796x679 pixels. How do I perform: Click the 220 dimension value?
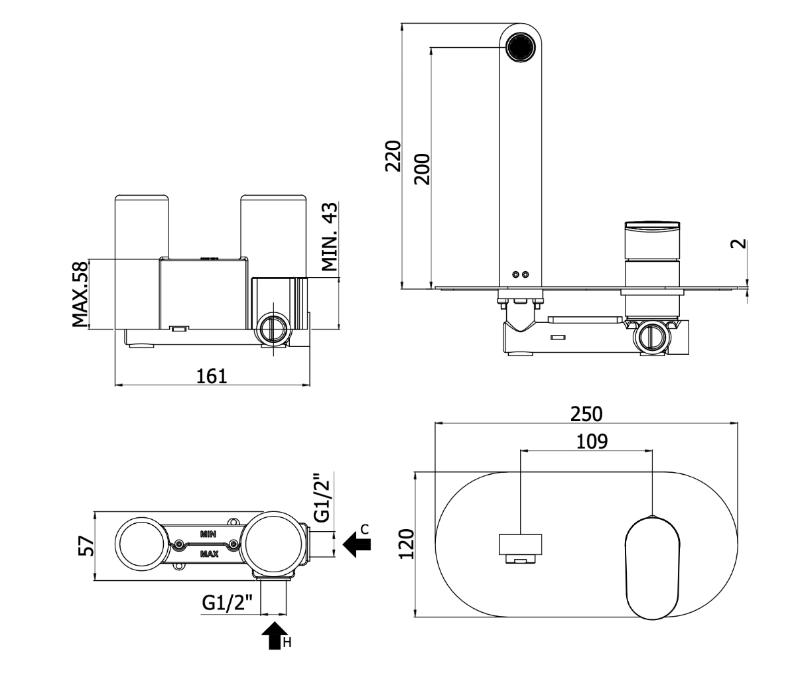(393, 156)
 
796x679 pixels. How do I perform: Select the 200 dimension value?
(422, 169)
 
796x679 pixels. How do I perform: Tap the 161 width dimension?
(212, 376)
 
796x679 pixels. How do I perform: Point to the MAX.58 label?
(80, 294)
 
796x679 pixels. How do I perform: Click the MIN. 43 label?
(329, 236)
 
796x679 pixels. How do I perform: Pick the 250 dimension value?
(586, 414)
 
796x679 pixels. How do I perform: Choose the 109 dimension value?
(592, 442)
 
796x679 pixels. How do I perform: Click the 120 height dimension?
(407, 544)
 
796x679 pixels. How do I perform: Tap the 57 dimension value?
(86, 546)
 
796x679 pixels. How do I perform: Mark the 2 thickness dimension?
(738, 244)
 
